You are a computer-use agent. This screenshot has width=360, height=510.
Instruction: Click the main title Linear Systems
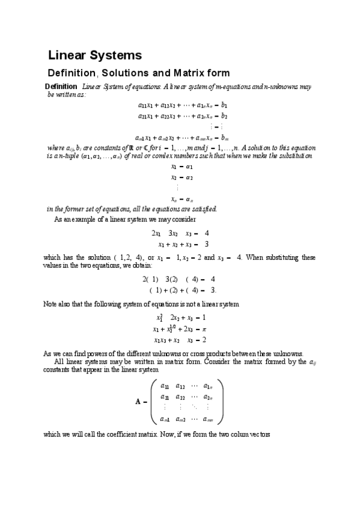[x=95, y=56]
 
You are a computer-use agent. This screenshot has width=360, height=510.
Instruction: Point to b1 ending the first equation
[x=224, y=104]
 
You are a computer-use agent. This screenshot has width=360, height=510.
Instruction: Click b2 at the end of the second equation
[x=224, y=115]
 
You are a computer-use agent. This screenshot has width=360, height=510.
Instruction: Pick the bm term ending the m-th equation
[x=226, y=138]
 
